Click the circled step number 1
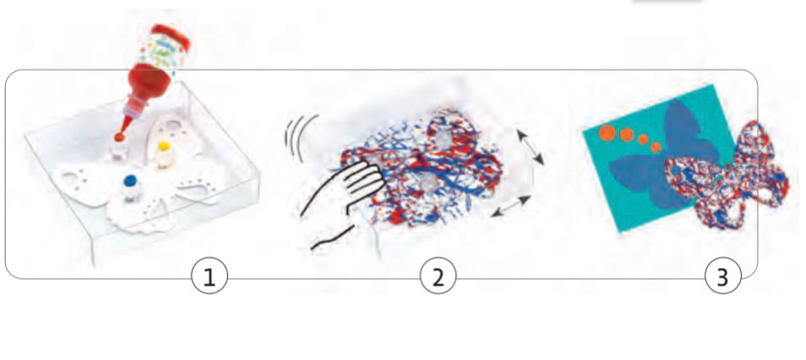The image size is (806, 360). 209,278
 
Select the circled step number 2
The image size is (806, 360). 438,278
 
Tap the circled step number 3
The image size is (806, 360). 722,278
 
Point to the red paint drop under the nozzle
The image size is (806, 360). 119,137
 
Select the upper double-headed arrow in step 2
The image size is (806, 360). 530,148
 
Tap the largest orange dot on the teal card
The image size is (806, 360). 607,132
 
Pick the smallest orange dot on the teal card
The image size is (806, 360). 656,147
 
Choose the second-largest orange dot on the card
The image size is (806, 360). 627,135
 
